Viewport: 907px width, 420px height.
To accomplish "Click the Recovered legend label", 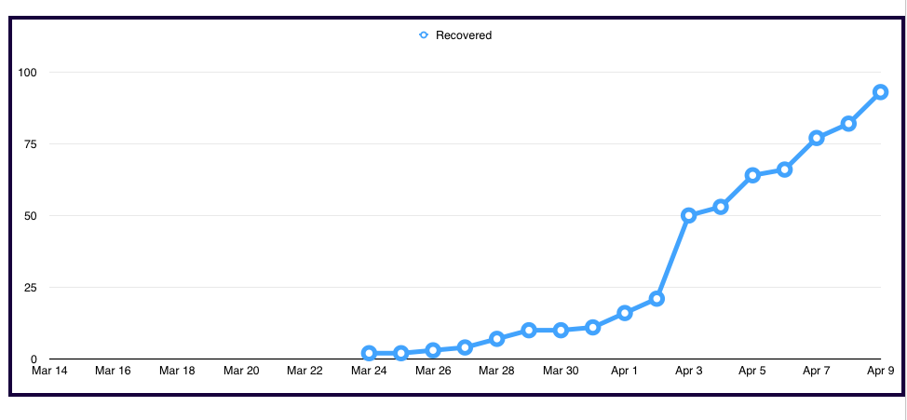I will point(463,35).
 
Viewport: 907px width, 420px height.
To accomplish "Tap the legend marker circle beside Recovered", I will point(424,35).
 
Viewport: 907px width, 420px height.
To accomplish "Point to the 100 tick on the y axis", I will point(28,73).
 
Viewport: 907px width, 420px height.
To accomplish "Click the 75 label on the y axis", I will point(31,144).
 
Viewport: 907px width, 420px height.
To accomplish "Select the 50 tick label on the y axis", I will point(31,216).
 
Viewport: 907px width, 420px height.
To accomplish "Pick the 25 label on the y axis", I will point(31,288).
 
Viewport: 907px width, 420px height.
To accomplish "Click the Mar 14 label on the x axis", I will point(49,371).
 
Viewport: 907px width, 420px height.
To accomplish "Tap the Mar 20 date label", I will point(241,371).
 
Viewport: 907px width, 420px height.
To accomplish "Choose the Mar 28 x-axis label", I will point(496,371).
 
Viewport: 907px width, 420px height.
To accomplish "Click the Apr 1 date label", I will point(624,371).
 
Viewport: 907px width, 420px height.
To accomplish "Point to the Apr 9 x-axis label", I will point(880,371).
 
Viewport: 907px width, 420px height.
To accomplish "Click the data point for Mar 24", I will point(369,353).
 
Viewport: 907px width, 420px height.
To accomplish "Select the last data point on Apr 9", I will point(880,92).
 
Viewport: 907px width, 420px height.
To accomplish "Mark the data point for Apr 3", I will point(688,215).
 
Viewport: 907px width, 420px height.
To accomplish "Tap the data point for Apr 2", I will point(657,299).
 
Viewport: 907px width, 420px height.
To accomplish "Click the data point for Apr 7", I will point(817,138).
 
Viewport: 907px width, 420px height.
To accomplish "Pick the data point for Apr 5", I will point(752,175).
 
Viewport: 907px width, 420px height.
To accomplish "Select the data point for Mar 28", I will point(496,339).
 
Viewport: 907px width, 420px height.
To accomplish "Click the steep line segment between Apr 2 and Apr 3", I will point(672,257).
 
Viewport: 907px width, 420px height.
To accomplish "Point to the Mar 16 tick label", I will point(114,371).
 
